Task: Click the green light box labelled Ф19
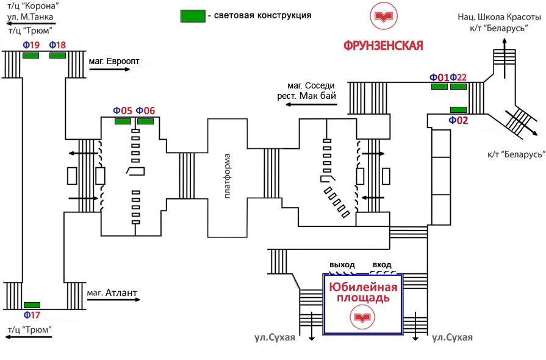[31, 56]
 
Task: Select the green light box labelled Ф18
[57, 56]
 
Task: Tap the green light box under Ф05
[123, 121]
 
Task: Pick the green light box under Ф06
[145, 121]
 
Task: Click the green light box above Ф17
[32, 304]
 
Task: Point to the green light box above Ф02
[458, 109]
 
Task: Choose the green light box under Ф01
[439, 87]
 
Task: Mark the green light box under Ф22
[458, 87]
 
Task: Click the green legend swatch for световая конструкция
[192, 16]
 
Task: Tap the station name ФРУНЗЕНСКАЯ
[383, 46]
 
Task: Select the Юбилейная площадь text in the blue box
[364, 293]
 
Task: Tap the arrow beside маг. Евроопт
[110, 70]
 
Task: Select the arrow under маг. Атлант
[113, 300]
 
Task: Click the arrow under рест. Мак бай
[311, 104]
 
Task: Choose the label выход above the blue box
[342, 264]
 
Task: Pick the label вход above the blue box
[382, 264]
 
